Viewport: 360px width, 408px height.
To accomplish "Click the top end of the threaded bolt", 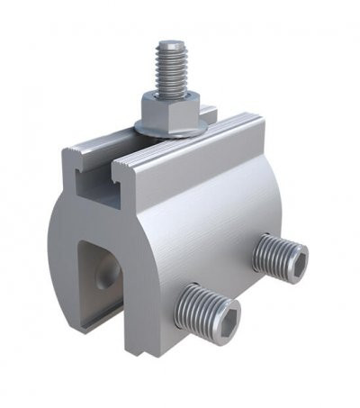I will point(168,44).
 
